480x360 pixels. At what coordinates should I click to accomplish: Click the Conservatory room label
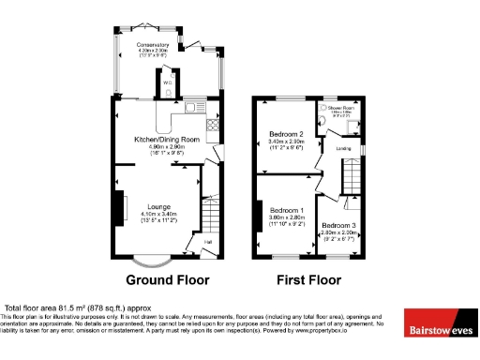point(151,44)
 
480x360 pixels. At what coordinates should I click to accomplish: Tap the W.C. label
point(167,81)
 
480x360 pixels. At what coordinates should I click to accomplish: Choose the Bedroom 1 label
point(286,210)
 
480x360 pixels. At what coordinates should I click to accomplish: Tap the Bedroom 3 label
point(337,226)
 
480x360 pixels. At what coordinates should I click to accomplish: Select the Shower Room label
point(344,109)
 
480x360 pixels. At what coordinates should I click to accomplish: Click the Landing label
point(344,148)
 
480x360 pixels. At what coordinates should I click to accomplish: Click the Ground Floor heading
point(169,279)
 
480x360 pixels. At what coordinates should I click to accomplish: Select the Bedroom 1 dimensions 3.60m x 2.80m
point(286,217)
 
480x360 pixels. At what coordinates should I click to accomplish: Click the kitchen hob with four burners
point(214,125)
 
